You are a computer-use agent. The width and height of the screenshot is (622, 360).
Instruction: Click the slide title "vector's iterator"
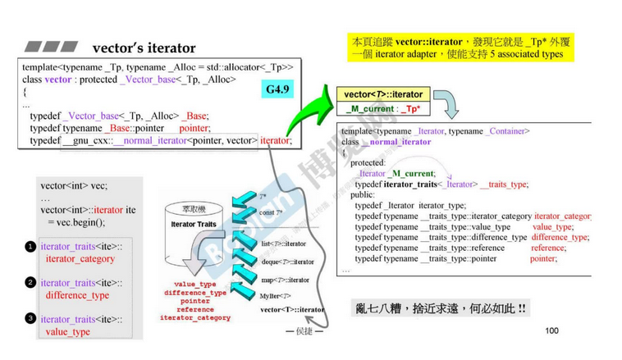144,48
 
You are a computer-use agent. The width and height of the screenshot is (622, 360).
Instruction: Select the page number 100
551,330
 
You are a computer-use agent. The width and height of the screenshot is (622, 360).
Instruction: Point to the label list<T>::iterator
284,244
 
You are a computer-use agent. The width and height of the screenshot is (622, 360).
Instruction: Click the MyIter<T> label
276,295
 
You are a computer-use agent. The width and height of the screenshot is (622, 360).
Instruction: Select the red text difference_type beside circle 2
77,295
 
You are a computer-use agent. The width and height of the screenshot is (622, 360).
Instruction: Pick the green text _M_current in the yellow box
370,108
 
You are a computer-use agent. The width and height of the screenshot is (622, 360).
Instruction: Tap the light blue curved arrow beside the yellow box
446,105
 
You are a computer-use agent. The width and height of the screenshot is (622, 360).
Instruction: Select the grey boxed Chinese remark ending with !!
441,308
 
